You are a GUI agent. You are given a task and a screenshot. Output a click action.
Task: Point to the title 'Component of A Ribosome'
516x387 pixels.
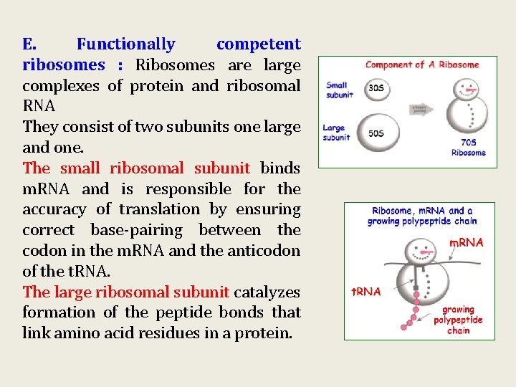(x=422, y=65)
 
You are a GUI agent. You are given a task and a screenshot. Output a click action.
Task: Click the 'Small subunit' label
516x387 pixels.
(x=339, y=90)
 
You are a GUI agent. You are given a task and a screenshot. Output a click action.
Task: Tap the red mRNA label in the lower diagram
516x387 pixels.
(x=466, y=243)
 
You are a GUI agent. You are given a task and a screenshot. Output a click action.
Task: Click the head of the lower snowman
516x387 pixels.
(x=418, y=251)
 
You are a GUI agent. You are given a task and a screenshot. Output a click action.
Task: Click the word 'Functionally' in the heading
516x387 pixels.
(x=125, y=44)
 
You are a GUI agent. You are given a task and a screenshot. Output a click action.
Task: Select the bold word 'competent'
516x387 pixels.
(x=258, y=44)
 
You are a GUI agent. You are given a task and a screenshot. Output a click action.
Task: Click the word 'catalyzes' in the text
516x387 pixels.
(x=267, y=292)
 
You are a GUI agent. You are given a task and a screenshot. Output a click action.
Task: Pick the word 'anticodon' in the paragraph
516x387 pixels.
(x=267, y=251)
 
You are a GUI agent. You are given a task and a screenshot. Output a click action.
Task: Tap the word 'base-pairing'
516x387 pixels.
(x=136, y=230)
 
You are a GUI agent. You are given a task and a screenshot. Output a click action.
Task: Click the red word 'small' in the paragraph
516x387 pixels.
(x=80, y=168)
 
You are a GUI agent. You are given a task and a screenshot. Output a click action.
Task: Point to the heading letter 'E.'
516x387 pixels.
(x=29, y=44)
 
